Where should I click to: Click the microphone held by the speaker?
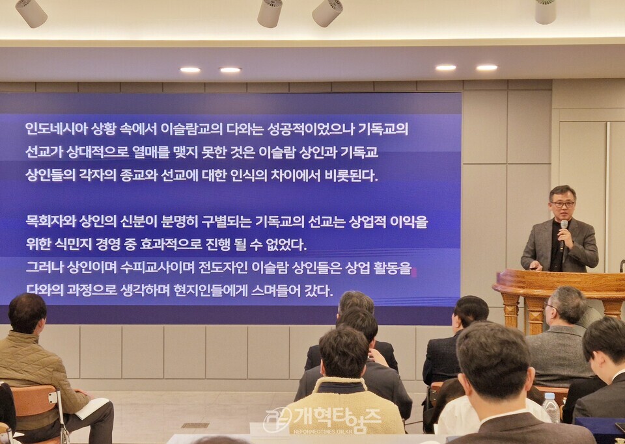tap(564, 229)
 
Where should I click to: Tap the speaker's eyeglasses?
tap(562, 204)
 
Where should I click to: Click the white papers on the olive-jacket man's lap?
tap(92, 408)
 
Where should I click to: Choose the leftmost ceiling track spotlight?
tap(31, 12)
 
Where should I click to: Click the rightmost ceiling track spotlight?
tap(545, 11)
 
